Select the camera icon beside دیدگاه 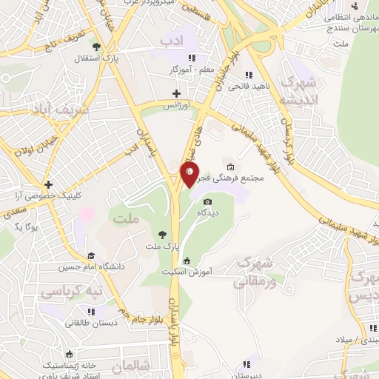coord(207,201)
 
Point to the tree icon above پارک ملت coord(163,232)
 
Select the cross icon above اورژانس coord(176,93)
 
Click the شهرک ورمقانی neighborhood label coord(256,272)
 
